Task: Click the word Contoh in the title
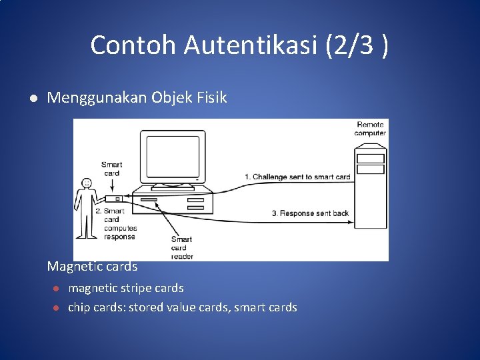(x=133, y=45)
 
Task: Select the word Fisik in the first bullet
(x=211, y=98)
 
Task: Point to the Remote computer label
(x=370, y=129)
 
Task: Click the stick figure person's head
(x=85, y=183)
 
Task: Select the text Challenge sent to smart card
(x=297, y=177)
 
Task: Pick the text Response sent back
(x=310, y=213)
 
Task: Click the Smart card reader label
(x=182, y=247)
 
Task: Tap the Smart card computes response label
(x=119, y=224)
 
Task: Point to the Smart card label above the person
(x=112, y=169)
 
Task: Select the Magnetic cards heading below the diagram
(x=92, y=267)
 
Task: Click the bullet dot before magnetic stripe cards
(x=57, y=289)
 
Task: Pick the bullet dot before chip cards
(x=57, y=307)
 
